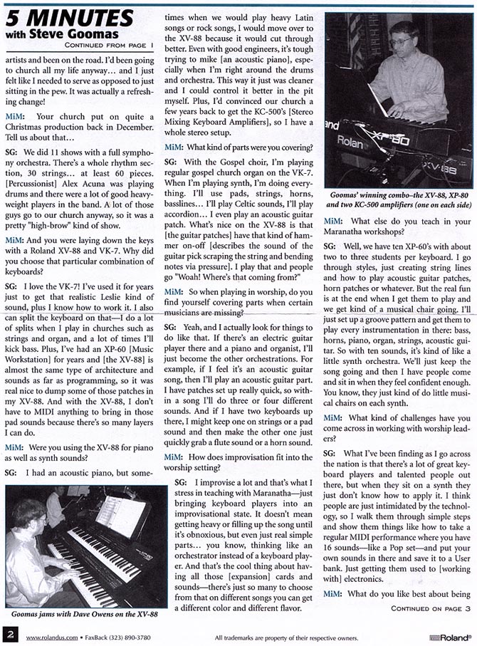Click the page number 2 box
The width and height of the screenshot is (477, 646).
click(10, 634)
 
